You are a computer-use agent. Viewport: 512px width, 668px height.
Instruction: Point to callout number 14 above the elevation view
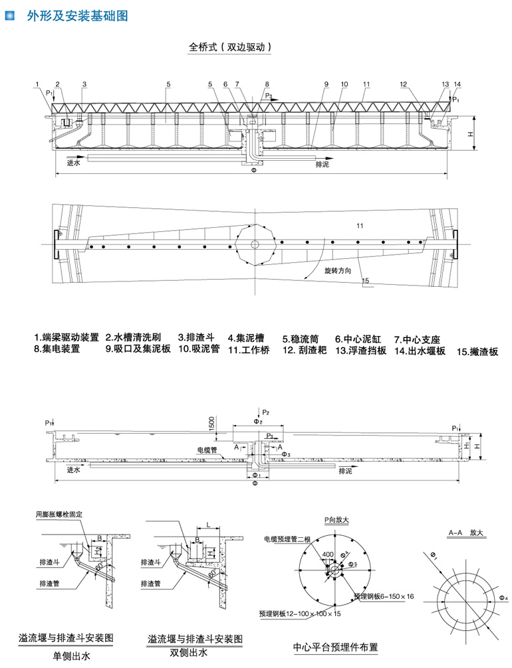(x=457, y=84)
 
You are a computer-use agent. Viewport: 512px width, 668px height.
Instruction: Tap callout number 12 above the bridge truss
(x=404, y=84)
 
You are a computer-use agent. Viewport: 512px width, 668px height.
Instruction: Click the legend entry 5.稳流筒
(x=303, y=338)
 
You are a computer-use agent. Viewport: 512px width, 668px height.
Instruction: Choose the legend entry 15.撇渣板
(x=477, y=352)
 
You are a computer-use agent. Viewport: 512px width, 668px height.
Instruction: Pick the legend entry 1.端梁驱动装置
(x=66, y=337)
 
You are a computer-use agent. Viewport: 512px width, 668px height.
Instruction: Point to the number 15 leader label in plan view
(x=365, y=282)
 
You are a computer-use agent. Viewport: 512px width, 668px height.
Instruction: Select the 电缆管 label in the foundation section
(x=207, y=450)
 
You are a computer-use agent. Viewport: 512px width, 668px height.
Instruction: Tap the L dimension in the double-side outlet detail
(x=208, y=525)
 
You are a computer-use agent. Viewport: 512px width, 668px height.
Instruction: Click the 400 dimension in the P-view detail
(x=327, y=553)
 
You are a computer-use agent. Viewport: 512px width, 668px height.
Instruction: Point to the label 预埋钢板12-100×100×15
(x=301, y=614)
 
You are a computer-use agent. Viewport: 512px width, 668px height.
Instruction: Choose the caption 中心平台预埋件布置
(x=335, y=645)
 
